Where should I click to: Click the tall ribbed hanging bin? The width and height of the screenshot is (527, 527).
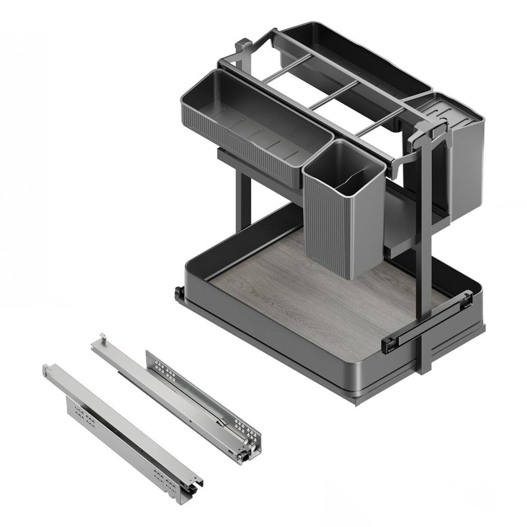point(334,228)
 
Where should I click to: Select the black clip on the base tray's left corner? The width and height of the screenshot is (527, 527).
point(178,292)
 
